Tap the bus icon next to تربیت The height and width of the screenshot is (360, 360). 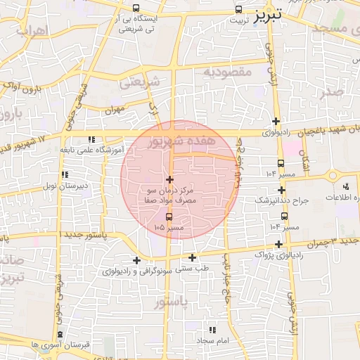click(240, 10)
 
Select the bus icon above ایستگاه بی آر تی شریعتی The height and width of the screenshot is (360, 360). click(136, 8)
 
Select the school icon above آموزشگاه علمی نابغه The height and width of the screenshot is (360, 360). click(91, 139)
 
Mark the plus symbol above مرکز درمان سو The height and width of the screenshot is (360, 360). click(169, 180)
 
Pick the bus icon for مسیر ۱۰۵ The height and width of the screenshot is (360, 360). click(168, 217)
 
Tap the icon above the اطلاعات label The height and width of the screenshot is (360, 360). click(346, 186)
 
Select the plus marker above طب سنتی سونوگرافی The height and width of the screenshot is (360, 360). click(192, 257)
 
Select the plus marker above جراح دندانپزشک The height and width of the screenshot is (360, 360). click(281, 190)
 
